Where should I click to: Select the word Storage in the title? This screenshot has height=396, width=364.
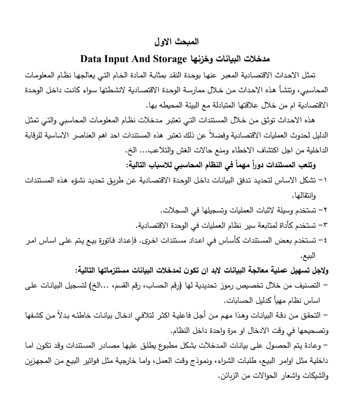tap(170, 59)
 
